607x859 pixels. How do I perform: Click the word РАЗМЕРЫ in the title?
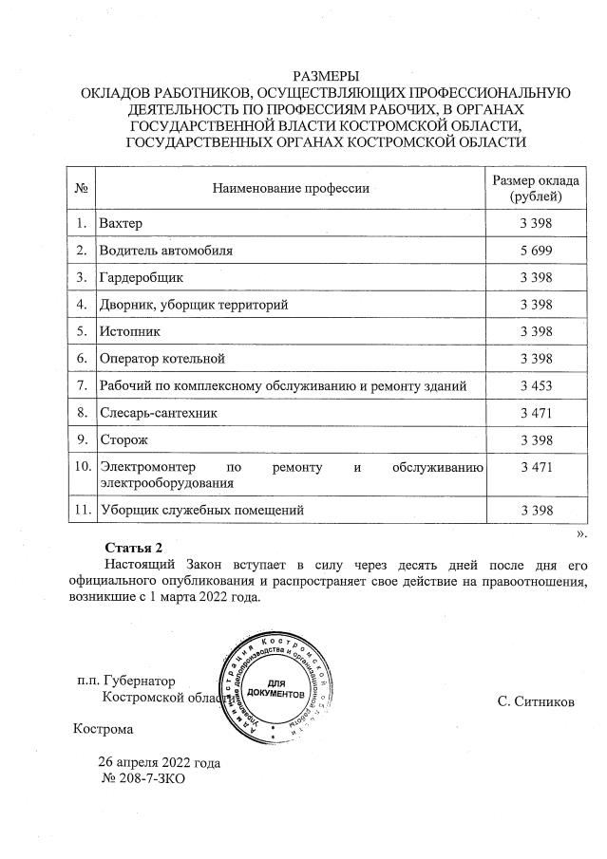coord(326,75)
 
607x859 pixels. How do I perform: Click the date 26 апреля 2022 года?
coord(160,762)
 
